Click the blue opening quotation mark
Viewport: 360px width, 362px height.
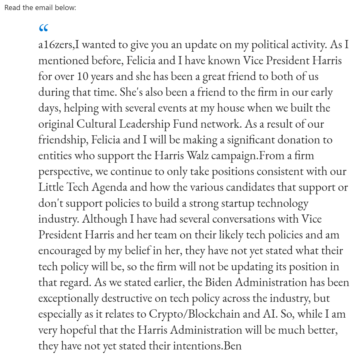44,28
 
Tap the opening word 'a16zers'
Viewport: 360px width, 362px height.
56,45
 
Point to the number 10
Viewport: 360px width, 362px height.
82,76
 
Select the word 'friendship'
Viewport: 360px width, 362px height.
63,140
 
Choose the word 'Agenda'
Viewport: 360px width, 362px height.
109,187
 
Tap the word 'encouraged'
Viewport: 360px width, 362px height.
65,251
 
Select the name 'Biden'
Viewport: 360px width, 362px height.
218,282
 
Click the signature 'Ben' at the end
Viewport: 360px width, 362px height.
233,346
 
